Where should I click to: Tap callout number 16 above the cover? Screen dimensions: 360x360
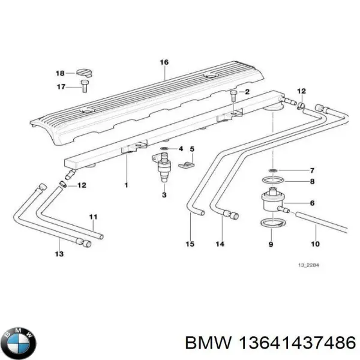(x=164, y=62)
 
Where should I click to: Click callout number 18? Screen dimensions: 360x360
(x=61, y=73)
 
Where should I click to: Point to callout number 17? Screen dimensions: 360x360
(x=61, y=87)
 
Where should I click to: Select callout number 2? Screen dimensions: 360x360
(x=245, y=91)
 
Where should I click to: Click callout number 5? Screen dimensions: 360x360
(x=193, y=149)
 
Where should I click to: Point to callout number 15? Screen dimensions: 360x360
(x=190, y=244)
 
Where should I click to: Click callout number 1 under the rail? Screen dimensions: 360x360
(x=127, y=185)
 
